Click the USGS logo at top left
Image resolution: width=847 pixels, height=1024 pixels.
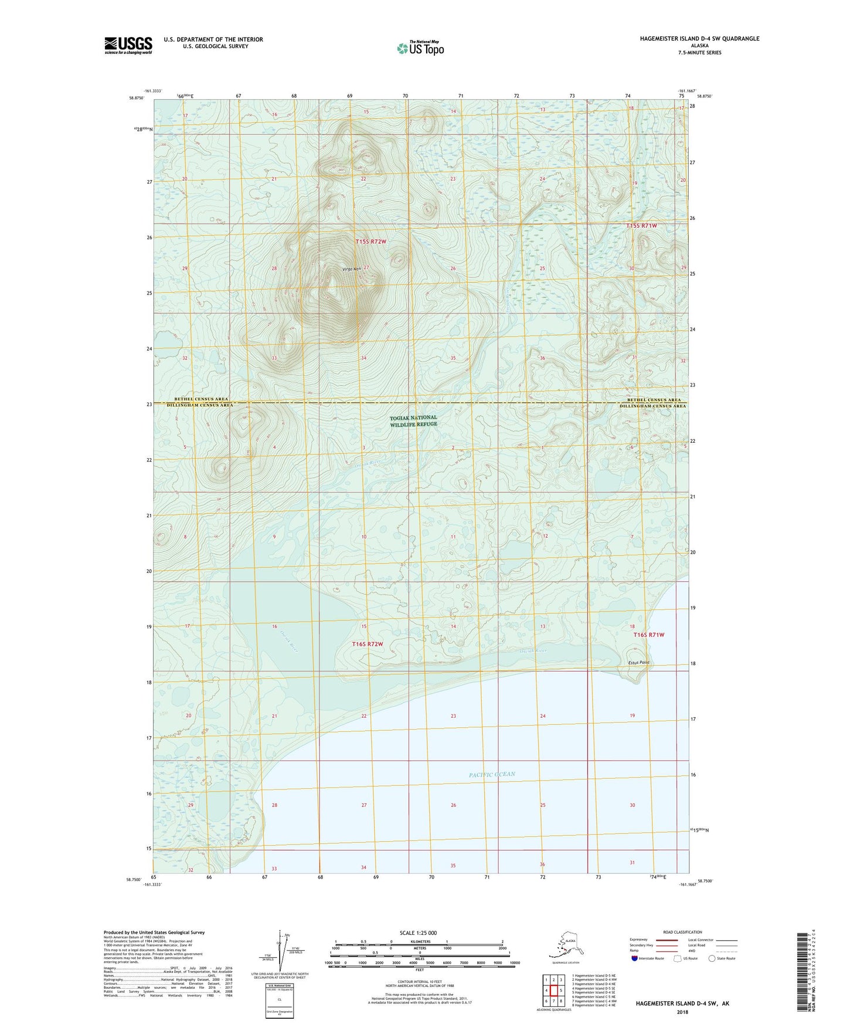pyautogui.click(x=128, y=45)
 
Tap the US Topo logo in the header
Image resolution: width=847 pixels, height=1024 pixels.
pyautogui.click(x=420, y=48)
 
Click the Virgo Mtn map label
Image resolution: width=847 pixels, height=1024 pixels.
pyautogui.click(x=352, y=269)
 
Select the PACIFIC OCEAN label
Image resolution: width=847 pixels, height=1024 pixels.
pyautogui.click(x=492, y=774)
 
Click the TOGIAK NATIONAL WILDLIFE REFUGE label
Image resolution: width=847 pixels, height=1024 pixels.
pyautogui.click(x=413, y=421)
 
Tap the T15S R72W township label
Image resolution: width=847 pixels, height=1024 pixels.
pyautogui.click(x=371, y=242)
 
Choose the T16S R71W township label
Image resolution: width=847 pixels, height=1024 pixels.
pyautogui.click(x=649, y=635)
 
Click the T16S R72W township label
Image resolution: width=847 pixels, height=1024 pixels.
pyautogui.click(x=368, y=644)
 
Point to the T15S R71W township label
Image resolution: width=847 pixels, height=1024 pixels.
pyautogui.click(x=641, y=226)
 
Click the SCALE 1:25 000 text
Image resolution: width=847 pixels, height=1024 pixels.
pyautogui.click(x=419, y=933)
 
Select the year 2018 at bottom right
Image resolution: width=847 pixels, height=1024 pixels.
pyautogui.click(x=682, y=1012)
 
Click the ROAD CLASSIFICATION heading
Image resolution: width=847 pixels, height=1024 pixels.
pyautogui.click(x=682, y=932)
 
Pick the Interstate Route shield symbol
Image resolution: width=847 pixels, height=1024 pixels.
pyautogui.click(x=635, y=958)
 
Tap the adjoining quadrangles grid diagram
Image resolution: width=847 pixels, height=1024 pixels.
pyautogui.click(x=553, y=991)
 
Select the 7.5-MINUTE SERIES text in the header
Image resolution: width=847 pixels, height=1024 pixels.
pyautogui.click(x=698, y=53)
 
